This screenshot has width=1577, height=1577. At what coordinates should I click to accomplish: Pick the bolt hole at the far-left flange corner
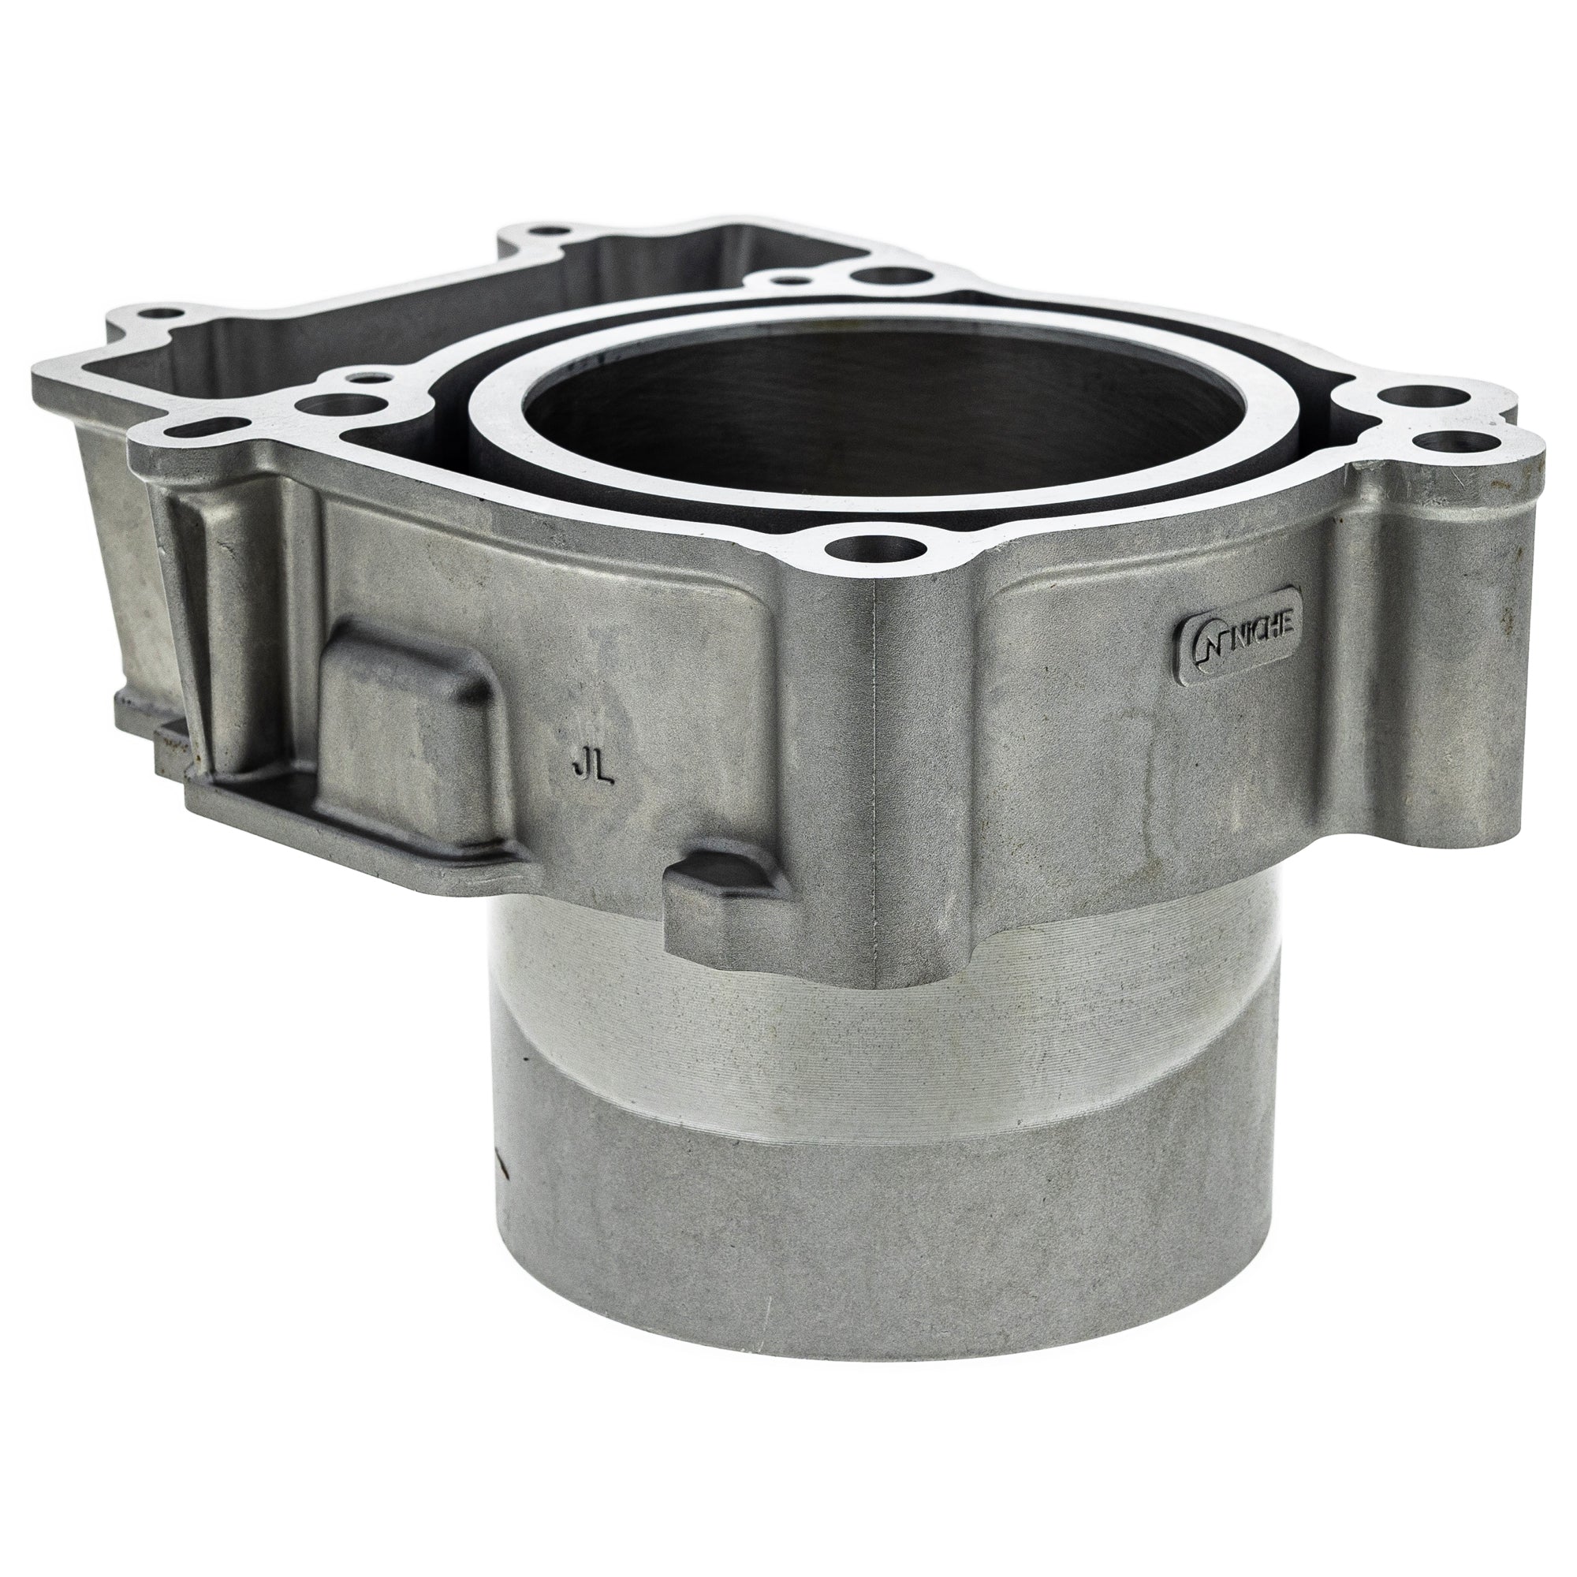(x=155, y=312)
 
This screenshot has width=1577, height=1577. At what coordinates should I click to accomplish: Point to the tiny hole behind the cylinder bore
(x=788, y=280)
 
